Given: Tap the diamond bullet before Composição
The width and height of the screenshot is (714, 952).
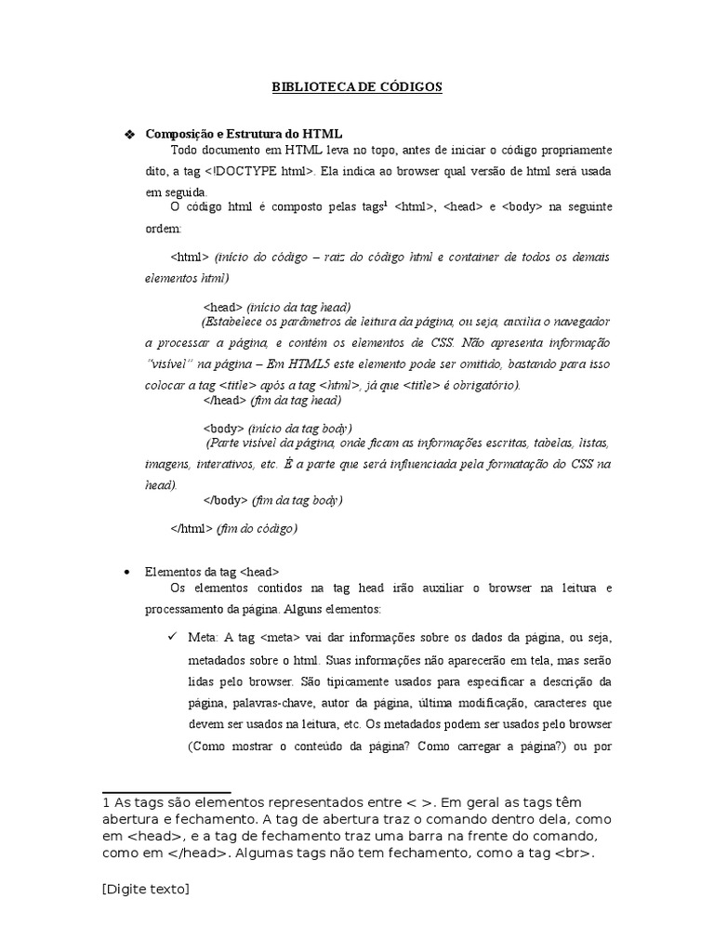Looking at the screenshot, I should pyautogui.click(x=129, y=135).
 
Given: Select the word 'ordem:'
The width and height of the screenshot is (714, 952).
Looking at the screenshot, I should pyautogui.click(x=165, y=228).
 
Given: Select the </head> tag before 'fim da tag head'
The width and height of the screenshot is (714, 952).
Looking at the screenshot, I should pyautogui.click(x=223, y=401).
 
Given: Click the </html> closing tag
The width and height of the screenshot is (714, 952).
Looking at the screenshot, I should pyautogui.click(x=192, y=528).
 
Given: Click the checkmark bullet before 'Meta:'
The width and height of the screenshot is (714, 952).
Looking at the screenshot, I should pyautogui.click(x=172, y=636).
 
